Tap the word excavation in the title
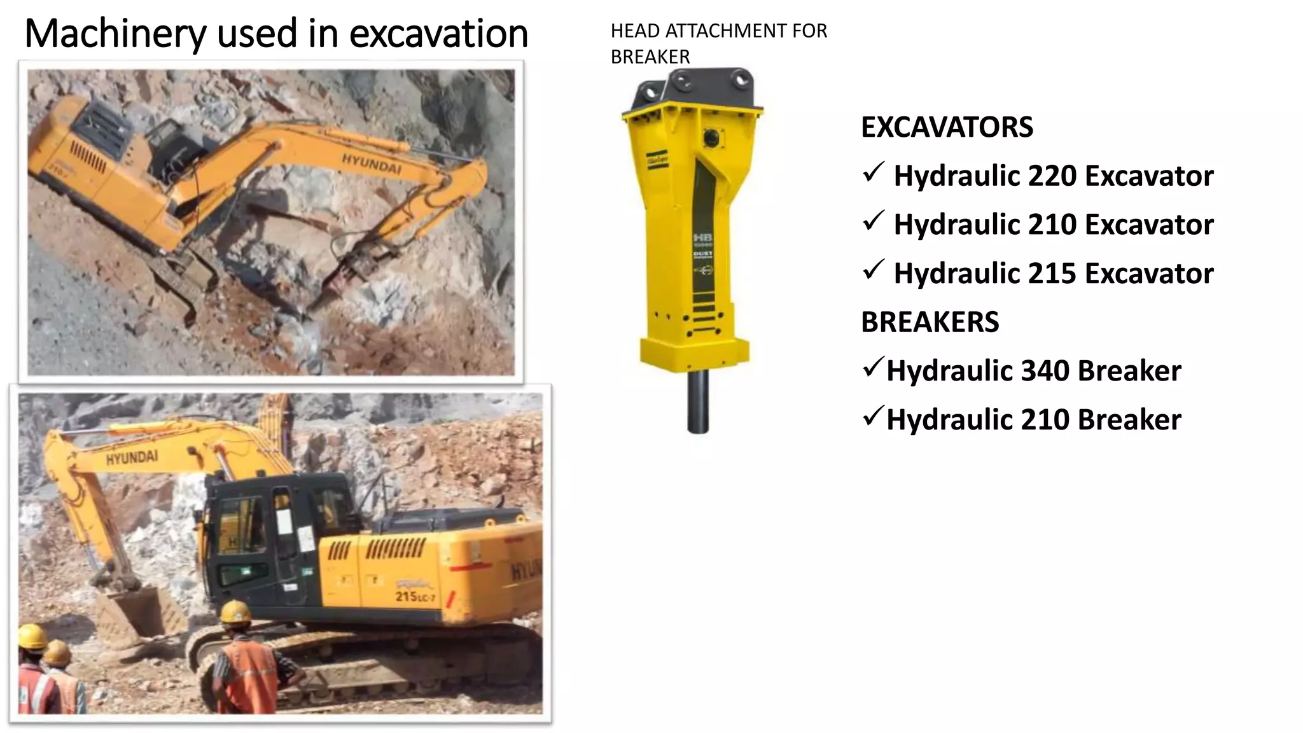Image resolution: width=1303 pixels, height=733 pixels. [x=438, y=34]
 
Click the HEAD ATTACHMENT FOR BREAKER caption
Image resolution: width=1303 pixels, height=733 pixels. [x=718, y=43]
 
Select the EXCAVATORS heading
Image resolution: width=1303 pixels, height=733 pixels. [x=947, y=127]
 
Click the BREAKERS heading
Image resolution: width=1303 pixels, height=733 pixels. [x=930, y=322]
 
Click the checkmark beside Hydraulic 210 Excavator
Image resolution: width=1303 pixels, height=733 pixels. [x=874, y=221]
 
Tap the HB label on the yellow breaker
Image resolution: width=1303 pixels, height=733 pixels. [x=703, y=237]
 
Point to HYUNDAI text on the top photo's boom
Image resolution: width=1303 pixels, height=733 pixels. [x=372, y=163]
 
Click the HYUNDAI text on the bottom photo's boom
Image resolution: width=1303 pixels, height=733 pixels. [x=132, y=457]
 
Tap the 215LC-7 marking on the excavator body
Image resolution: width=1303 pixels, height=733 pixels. [x=415, y=597]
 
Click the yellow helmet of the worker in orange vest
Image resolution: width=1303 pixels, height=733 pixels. [x=236, y=612]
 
